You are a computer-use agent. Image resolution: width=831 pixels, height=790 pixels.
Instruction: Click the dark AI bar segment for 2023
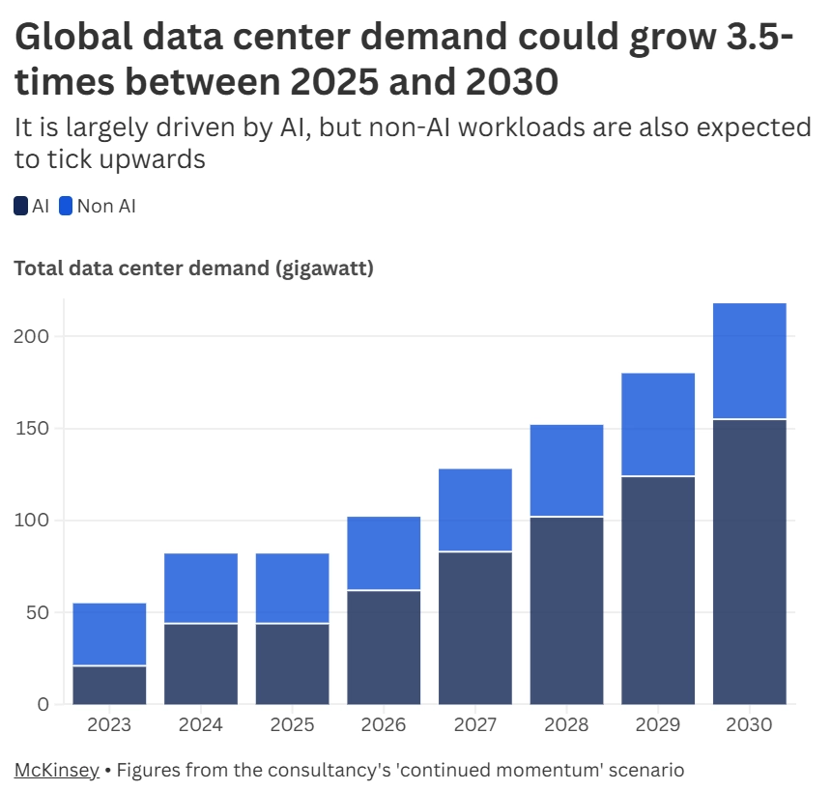pyautogui.click(x=109, y=685)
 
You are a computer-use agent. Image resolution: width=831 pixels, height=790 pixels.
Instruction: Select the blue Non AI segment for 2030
pyautogui.click(x=749, y=361)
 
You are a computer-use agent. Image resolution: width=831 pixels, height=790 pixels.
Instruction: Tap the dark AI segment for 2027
pyautogui.click(x=474, y=628)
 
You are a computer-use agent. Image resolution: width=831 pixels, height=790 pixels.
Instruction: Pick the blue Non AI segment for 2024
pyautogui.click(x=201, y=588)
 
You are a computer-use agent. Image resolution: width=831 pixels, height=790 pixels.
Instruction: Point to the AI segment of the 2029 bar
pyautogui.click(x=658, y=590)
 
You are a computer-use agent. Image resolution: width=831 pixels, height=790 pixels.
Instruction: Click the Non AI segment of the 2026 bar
pyautogui.click(x=384, y=553)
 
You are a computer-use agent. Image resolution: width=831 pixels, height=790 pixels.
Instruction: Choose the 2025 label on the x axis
pyautogui.click(x=292, y=724)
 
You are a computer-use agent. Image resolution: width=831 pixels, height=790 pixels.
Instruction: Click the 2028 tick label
pyautogui.click(x=566, y=724)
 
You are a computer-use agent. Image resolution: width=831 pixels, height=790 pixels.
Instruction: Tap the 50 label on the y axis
pyautogui.click(x=36, y=612)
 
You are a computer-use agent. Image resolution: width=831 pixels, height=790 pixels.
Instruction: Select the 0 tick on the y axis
pyautogui.click(x=43, y=704)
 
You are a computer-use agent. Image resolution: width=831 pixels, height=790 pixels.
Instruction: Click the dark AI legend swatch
pyautogui.click(x=21, y=206)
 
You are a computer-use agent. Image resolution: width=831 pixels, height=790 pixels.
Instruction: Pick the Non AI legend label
pyautogui.click(x=106, y=206)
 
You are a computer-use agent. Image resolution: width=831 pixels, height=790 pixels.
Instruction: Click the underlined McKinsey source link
pyautogui.click(x=56, y=770)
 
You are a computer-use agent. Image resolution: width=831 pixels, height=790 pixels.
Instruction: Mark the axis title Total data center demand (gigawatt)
pyautogui.click(x=193, y=268)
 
